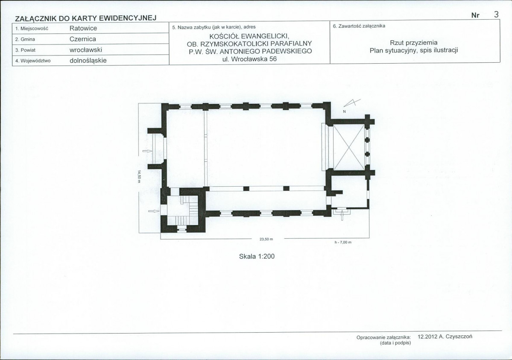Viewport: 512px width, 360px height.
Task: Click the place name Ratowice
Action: coord(83,29)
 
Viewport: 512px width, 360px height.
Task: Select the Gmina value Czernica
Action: coord(82,39)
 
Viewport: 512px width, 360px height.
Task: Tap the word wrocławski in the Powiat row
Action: coord(86,50)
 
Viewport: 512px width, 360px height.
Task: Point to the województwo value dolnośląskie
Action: coord(88,61)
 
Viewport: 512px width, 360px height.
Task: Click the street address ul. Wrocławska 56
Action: coord(249,59)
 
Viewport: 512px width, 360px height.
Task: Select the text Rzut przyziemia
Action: coord(414,43)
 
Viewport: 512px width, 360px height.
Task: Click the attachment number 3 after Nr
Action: coord(496,15)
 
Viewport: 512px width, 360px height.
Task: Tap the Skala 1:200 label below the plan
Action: coord(257,257)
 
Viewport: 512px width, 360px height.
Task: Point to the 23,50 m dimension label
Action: coord(266,239)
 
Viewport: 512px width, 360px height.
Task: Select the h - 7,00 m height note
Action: coord(343,243)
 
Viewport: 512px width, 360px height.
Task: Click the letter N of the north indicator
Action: coord(344,112)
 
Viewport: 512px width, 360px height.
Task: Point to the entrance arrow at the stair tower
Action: coord(153,211)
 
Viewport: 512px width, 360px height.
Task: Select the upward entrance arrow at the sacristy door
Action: coord(342,215)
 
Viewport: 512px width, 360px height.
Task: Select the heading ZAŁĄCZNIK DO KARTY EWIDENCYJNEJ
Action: coord(86,18)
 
